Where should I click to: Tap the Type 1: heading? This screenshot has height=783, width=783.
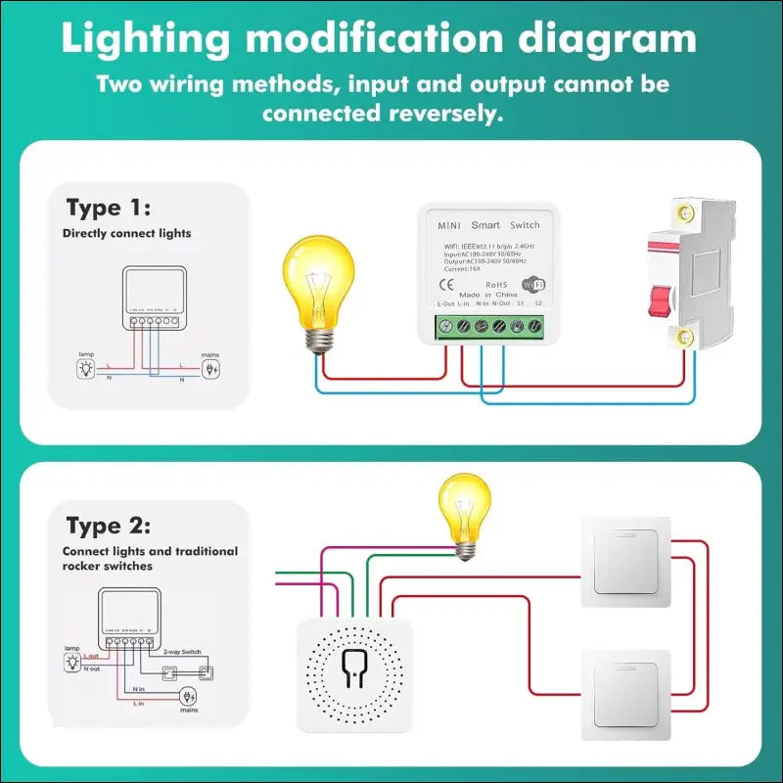[108, 207]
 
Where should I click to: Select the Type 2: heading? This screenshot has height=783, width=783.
[108, 527]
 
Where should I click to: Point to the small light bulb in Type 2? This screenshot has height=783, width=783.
[460, 514]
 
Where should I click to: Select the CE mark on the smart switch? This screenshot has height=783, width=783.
[442, 286]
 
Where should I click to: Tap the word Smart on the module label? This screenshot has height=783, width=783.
[485, 225]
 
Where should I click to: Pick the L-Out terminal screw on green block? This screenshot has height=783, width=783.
[447, 328]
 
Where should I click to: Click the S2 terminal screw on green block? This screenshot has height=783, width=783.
[534, 328]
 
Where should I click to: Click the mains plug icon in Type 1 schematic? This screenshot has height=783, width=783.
[210, 370]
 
